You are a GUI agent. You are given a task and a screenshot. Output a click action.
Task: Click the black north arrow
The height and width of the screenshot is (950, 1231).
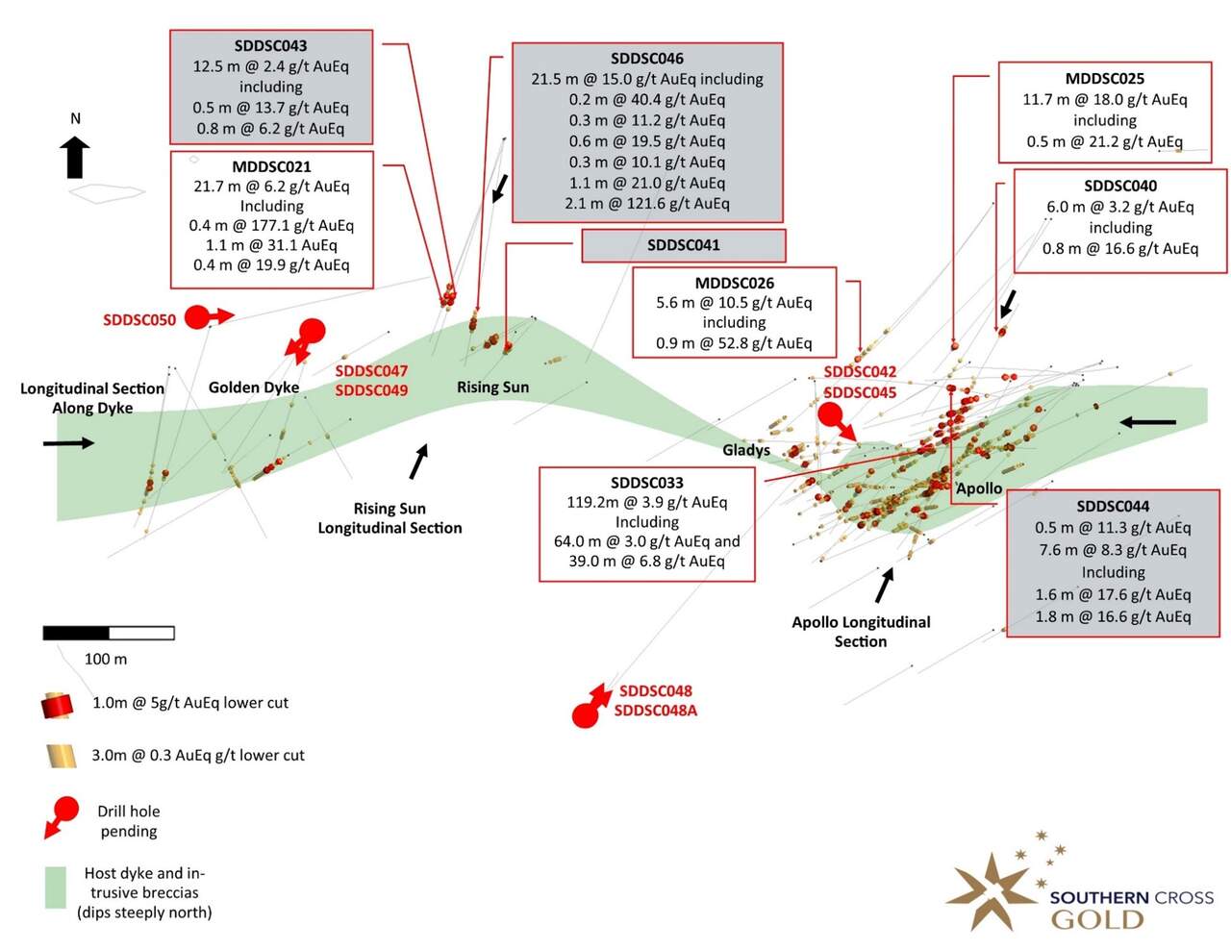(x=75, y=157)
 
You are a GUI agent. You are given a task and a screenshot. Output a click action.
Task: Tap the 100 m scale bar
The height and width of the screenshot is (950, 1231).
(x=109, y=633)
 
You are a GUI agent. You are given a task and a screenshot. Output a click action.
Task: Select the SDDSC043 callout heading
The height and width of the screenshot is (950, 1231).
(x=271, y=46)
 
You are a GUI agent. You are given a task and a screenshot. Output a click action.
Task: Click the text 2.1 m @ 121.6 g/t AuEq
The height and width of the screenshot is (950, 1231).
(x=647, y=203)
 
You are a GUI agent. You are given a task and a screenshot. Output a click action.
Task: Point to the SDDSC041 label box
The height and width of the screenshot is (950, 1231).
(x=684, y=245)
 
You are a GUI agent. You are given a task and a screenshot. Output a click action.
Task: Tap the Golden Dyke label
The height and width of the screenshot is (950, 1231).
(x=254, y=387)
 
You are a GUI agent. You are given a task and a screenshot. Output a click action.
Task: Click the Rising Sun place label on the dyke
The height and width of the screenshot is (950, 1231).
(x=492, y=387)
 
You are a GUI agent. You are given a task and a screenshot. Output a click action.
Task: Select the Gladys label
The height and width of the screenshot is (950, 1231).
(x=746, y=450)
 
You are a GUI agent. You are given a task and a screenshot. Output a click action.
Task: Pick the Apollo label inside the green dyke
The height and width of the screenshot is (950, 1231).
(x=979, y=488)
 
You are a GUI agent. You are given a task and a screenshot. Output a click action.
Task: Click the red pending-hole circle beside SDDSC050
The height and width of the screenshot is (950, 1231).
(x=197, y=317)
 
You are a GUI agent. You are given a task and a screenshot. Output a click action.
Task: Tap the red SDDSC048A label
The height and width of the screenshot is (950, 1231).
(x=656, y=710)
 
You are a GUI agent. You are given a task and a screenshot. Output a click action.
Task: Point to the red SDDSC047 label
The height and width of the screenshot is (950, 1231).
(x=371, y=371)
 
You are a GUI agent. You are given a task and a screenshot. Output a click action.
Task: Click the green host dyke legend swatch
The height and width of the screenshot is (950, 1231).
(x=56, y=887)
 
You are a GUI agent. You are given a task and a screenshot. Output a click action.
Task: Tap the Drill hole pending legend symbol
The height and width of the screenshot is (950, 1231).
(x=62, y=817)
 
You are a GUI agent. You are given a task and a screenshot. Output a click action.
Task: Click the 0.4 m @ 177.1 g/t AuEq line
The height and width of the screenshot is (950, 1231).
(x=271, y=225)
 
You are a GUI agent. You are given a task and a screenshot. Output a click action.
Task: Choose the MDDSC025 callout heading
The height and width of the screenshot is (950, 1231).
(x=1105, y=78)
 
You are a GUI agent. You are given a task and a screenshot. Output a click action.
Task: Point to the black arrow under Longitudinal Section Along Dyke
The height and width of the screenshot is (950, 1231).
(x=68, y=442)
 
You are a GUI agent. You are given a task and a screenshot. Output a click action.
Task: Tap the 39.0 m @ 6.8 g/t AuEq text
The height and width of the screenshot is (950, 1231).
(x=647, y=561)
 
